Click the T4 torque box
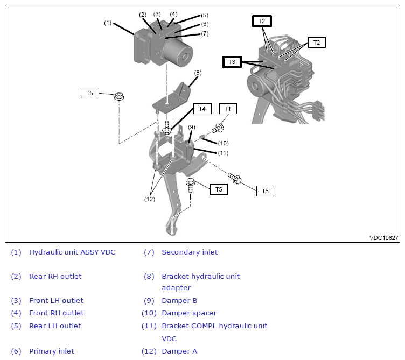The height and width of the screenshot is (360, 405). point(202,109)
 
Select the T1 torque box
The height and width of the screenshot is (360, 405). point(228,109)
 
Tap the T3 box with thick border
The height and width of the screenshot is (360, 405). point(232,62)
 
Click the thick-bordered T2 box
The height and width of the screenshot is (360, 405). point(262,21)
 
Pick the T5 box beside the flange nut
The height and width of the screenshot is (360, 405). point(89,93)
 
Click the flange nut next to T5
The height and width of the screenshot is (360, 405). point(119,96)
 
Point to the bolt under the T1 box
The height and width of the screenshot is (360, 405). point(218,128)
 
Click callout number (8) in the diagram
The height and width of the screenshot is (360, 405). point(198,73)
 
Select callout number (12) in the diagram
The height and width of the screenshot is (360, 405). point(150,199)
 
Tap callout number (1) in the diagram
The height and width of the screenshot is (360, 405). point(108,23)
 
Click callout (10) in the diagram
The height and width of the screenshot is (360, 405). point(223,143)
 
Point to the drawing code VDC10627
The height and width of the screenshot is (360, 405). point(384,238)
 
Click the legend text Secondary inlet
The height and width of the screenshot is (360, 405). point(190,252)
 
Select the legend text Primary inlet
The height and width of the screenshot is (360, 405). point(52,351)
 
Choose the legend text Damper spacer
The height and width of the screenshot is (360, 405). point(189,313)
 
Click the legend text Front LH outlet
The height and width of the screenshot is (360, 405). point(57,301)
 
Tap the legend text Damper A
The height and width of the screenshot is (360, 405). point(179,351)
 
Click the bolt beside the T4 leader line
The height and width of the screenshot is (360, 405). point(167,127)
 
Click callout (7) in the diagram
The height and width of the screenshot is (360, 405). point(205,33)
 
